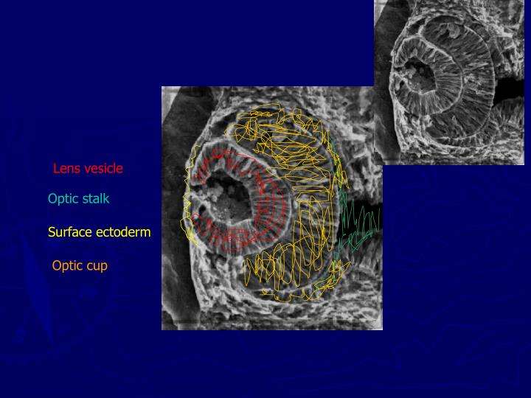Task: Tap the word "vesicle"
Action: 103,169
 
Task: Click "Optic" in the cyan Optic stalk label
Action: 63,198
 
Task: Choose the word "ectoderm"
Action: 122,232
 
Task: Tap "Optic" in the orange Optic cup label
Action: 67,266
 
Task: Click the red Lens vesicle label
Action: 88,169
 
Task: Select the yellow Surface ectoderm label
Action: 99,232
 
